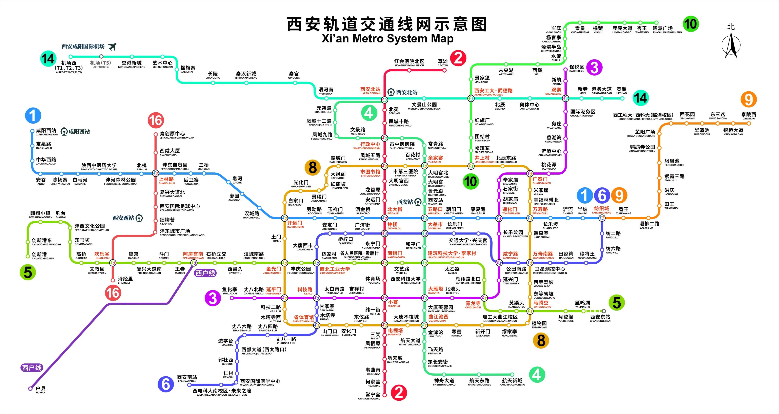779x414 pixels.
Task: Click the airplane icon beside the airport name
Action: point(112,47)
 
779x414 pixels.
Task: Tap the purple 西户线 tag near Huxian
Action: point(32,368)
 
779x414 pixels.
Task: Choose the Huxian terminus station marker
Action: point(30,388)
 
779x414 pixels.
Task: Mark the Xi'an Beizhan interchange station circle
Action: point(384,99)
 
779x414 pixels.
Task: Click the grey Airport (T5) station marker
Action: point(101,56)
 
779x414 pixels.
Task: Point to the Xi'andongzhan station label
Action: point(600,318)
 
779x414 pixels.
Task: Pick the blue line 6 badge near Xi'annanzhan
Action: point(166,384)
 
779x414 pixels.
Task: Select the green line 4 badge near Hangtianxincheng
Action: point(537,375)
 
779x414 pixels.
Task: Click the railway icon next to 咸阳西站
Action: point(64,132)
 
